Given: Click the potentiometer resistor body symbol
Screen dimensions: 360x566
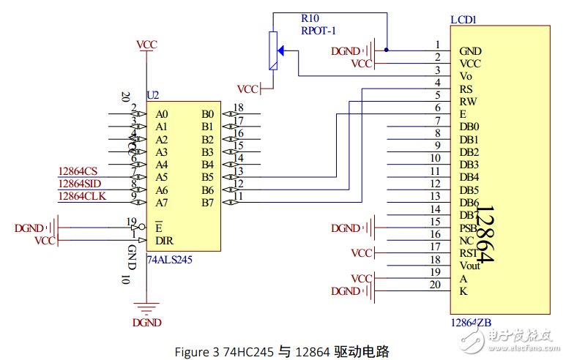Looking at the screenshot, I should click(274, 51).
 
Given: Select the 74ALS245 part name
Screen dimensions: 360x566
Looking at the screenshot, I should click(171, 258).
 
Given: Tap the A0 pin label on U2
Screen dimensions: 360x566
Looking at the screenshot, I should click(162, 114).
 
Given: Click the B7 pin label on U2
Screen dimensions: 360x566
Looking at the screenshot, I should click(208, 202).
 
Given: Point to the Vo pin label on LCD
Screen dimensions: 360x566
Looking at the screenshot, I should click(466, 76).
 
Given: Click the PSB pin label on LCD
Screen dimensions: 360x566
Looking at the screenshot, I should click(468, 228).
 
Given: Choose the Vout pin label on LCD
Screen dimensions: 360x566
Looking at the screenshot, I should click(470, 266).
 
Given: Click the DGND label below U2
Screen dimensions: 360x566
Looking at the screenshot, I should click(148, 322).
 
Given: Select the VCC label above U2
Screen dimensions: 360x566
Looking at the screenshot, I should click(147, 45).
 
